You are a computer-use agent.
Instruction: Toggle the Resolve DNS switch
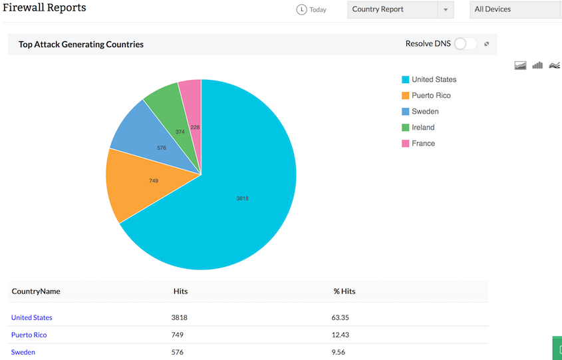[466, 44]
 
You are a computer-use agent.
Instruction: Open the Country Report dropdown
[400, 10]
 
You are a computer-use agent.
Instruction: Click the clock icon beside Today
[302, 10]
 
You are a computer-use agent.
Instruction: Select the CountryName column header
[36, 291]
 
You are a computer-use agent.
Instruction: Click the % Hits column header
[345, 291]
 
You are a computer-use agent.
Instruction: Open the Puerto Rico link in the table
[29, 335]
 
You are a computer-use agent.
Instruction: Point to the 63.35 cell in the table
[341, 318]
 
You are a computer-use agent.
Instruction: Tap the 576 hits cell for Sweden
[178, 352]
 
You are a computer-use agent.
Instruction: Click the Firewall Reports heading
[45, 8]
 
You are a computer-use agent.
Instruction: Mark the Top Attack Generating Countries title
[81, 45]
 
